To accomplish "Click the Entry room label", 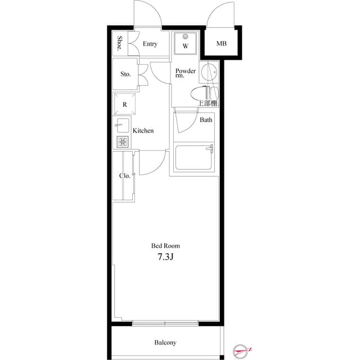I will click(x=150, y=44).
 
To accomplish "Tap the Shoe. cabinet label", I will click(x=120, y=44).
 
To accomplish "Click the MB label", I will click(x=222, y=44).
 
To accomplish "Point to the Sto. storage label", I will click(x=125, y=74).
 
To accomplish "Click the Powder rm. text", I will click(x=185, y=74).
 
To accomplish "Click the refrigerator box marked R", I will click(x=125, y=105).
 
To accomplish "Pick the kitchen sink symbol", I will click(x=123, y=125).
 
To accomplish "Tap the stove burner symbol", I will click(x=122, y=142).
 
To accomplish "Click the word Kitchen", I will click(x=143, y=130).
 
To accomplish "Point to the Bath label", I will click(x=206, y=120).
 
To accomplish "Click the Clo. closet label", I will click(x=124, y=175).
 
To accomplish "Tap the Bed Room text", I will click(x=165, y=246).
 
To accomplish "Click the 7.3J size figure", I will click(x=165, y=258).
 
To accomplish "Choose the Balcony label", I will click(x=165, y=343).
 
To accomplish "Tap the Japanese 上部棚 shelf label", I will click(x=208, y=103).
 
